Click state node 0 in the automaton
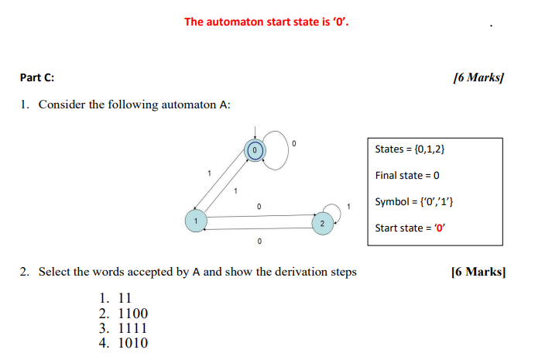[x=255, y=149]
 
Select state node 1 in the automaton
[x=196, y=221]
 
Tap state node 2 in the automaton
[x=321, y=223]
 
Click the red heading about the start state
[x=266, y=21]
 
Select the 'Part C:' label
[x=37, y=77]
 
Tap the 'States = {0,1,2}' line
[x=410, y=149]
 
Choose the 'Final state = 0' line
[x=407, y=175]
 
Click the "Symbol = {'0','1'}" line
[x=414, y=201]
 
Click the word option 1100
[x=132, y=314]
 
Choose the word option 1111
[x=132, y=328]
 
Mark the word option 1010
[x=132, y=343]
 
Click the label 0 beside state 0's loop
[x=293, y=143]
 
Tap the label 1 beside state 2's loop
[x=349, y=206]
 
